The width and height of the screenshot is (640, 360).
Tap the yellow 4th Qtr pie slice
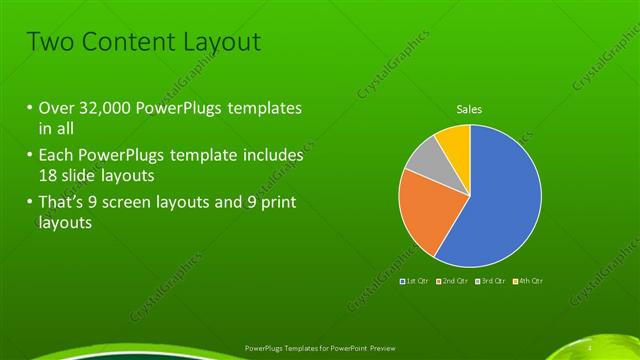tap(454, 142)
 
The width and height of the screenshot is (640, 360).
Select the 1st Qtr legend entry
tap(414, 282)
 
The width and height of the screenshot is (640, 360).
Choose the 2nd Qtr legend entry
tap(452, 282)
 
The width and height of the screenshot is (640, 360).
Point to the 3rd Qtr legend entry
tap(491, 282)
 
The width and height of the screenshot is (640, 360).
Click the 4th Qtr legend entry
tap(529, 282)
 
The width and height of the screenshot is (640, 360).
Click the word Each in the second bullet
tap(55, 156)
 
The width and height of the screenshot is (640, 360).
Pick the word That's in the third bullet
tap(62, 204)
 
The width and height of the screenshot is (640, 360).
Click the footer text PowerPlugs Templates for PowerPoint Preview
tap(319, 348)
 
